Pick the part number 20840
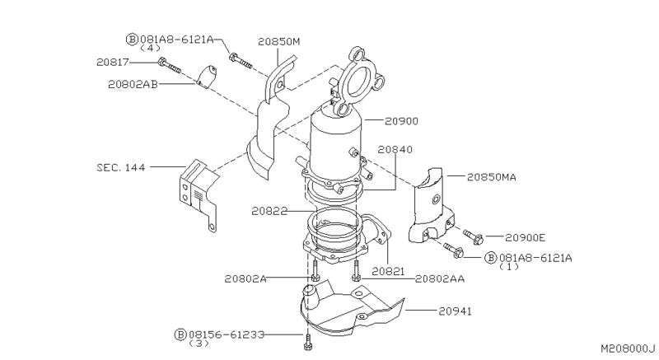[x=395, y=150]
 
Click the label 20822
[x=270, y=211]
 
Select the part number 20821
[x=388, y=269]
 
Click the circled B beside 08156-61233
[x=180, y=334]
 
